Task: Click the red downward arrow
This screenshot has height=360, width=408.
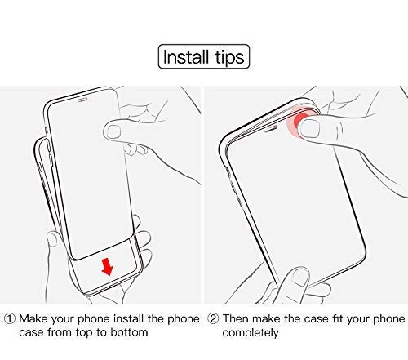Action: click(x=107, y=267)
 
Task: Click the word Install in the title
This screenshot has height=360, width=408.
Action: click(x=186, y=57)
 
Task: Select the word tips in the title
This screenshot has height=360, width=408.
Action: click(x=229, y=58)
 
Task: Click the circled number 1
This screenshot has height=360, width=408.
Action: click(x=10, y=318)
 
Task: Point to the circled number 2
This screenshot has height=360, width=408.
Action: click(x=213, y=318)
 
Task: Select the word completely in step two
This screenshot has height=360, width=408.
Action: click(x=251, y=333)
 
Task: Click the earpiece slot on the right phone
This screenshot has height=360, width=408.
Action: click(x=271, y=128)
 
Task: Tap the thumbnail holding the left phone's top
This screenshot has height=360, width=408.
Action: click(x=113, y=131)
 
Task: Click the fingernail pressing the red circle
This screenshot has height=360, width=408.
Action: click(x=309, y=128)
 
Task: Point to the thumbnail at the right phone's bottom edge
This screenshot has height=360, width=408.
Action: click(x=300, y=277)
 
